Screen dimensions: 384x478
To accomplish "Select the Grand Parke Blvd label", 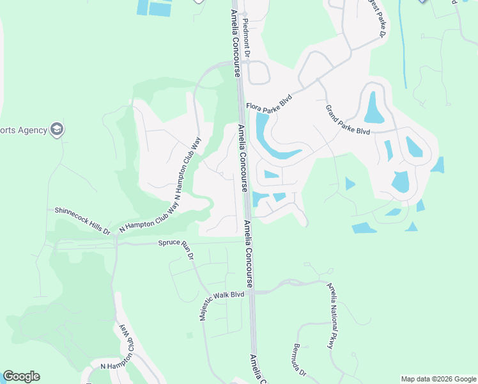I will [x=347, y=120].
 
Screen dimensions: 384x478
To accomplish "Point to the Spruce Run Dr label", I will [x=176, y=244].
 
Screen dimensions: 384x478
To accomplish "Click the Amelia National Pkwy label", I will [x=331, y=316].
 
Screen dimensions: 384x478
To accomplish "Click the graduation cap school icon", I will [x=58, y=130].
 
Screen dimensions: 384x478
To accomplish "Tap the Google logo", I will [x=21, y=376].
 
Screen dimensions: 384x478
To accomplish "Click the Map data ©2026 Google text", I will [x=438, y=379].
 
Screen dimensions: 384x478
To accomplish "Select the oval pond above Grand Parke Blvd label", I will [x=373, y=107].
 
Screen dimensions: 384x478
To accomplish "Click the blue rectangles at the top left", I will [x=155, y=7].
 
